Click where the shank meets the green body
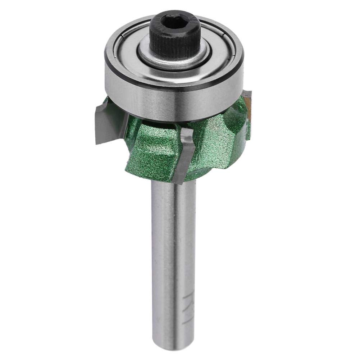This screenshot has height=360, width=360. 169,182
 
